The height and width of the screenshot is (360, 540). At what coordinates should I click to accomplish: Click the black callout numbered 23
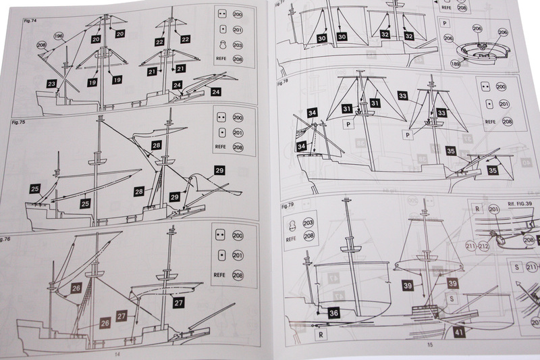pyautogui.click(x=53, y=83)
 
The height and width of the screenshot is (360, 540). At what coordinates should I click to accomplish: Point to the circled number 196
pyautogui.click(x=59, y=36)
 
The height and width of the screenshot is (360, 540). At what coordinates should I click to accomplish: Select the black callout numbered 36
pyautogui.click(x=333, y=313)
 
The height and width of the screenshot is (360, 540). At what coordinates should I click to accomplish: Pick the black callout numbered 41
pyautogui.click(x=460, y=332)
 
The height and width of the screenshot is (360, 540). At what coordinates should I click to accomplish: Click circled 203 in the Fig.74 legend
pyautogui.click(x=238, y=45)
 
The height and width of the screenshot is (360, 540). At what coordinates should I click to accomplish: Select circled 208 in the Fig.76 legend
pyautogui.click(x=238, y=276)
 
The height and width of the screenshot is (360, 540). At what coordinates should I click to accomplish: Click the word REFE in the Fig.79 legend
pyautogui.click(x=292, y=237)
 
